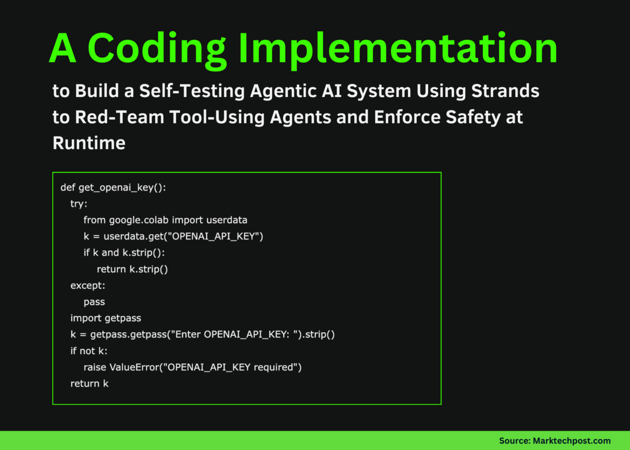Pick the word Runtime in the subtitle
click(89, 143)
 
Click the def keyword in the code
click(68, 187)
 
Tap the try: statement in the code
click(79, 204)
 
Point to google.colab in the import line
click(139, 220)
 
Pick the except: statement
click(88, 285)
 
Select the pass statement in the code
click(94, 302)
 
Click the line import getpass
click(106, 318)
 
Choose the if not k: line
click(89, 351)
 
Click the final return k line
click(89, 383)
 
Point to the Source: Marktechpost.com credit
click(555, 441)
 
